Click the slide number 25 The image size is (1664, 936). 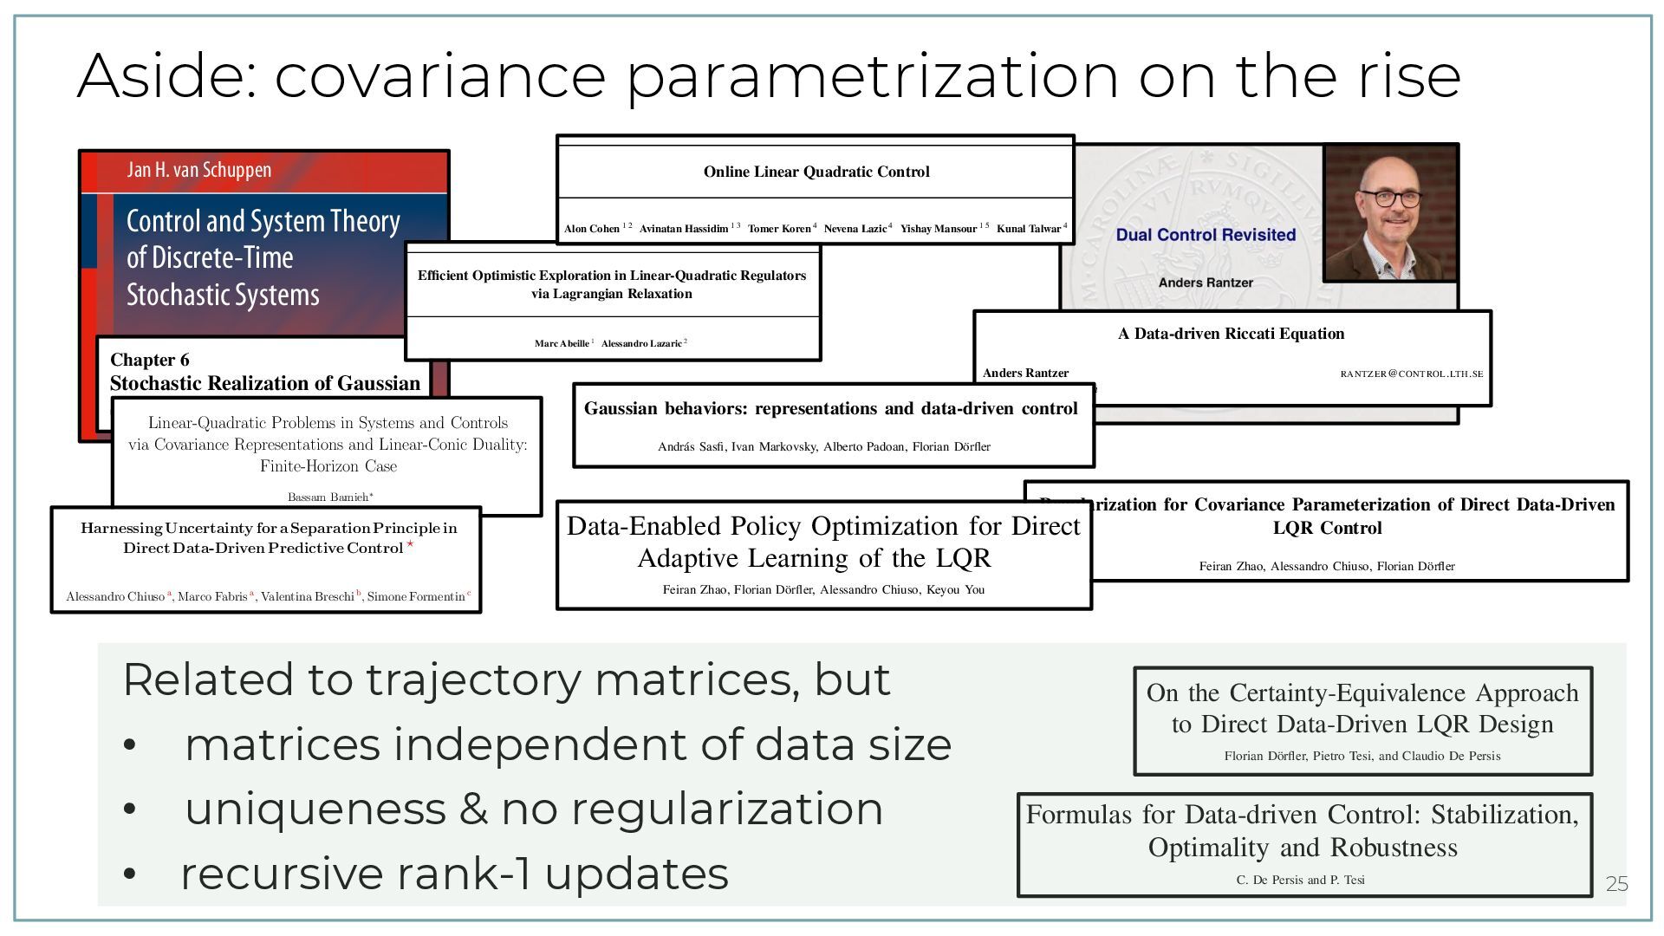(1617, 884)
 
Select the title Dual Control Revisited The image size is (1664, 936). (1206, 235)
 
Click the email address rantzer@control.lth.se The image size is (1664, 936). (1411, 374)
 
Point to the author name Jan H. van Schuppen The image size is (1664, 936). (198, 170)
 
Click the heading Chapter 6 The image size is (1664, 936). (149, 360)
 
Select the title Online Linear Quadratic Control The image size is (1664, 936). (816, 172)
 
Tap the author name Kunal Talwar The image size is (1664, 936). (1029, 229)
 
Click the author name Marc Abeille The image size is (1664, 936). (562, 344)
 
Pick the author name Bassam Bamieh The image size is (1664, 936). (328, 497)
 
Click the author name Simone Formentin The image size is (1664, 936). (416, 597)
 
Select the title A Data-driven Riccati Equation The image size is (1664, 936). (1231, 334)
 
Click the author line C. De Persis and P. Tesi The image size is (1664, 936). (1300, 881)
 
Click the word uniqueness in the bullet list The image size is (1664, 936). (315, 809)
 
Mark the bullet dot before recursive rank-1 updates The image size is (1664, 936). (130, 874)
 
